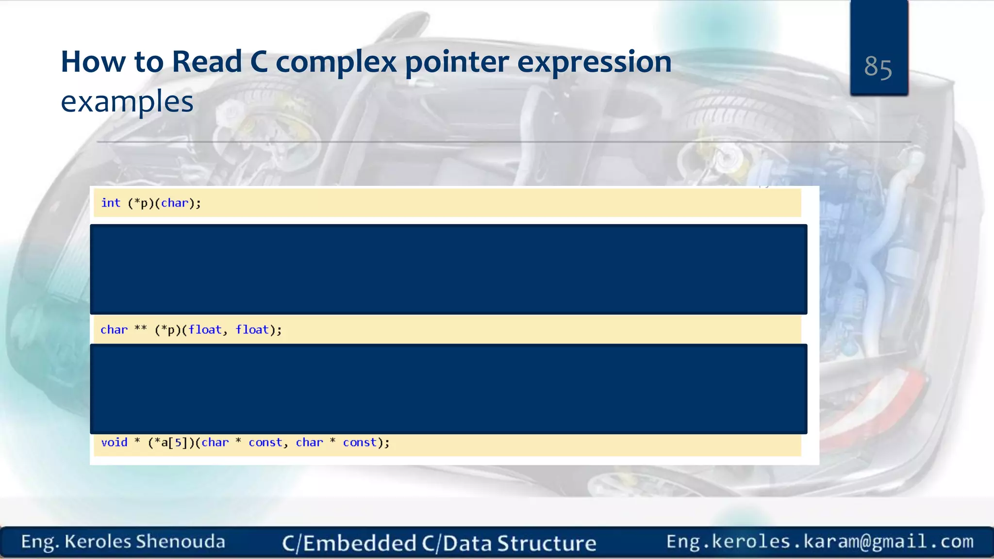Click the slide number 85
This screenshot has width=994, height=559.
878,67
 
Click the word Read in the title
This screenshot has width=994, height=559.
207,62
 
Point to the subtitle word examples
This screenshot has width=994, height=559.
127,102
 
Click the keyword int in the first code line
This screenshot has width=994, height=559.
111,203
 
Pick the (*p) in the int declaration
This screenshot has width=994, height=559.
140,203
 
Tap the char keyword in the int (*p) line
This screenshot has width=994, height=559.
174,203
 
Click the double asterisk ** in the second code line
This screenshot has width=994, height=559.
141,329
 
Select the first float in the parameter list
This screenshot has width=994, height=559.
205,330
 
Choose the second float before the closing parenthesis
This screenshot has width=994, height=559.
252,330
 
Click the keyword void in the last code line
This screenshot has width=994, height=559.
114,443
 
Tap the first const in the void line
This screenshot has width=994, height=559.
265,443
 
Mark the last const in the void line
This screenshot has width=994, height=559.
360,443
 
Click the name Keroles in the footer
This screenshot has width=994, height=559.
98,542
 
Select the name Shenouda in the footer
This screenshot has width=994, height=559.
180,542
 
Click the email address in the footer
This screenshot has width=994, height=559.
820,542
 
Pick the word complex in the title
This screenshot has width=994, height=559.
336,62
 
